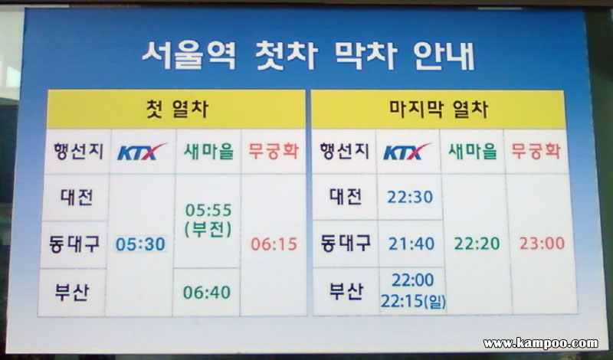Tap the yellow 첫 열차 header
tap(176, 109)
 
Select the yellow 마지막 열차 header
tap(438, 109)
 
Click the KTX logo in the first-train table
tap(143, 152)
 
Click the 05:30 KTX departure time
tap(140, 244)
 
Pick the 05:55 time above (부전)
tap(208, 211)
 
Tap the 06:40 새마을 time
tap(207, 293)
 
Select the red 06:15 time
tap(274, 244)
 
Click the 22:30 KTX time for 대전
tap(410, 197)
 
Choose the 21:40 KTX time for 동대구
tap(411, 244)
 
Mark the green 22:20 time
tap(477, 244)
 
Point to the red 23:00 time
tap(543, 243)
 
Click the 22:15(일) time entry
tap(413, 301)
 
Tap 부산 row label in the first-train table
tap(72, 293)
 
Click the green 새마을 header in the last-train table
tap(473, 151)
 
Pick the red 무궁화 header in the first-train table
tap(274, 151)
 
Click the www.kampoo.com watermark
tap(541, 343)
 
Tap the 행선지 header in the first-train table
tap(79, 151)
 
